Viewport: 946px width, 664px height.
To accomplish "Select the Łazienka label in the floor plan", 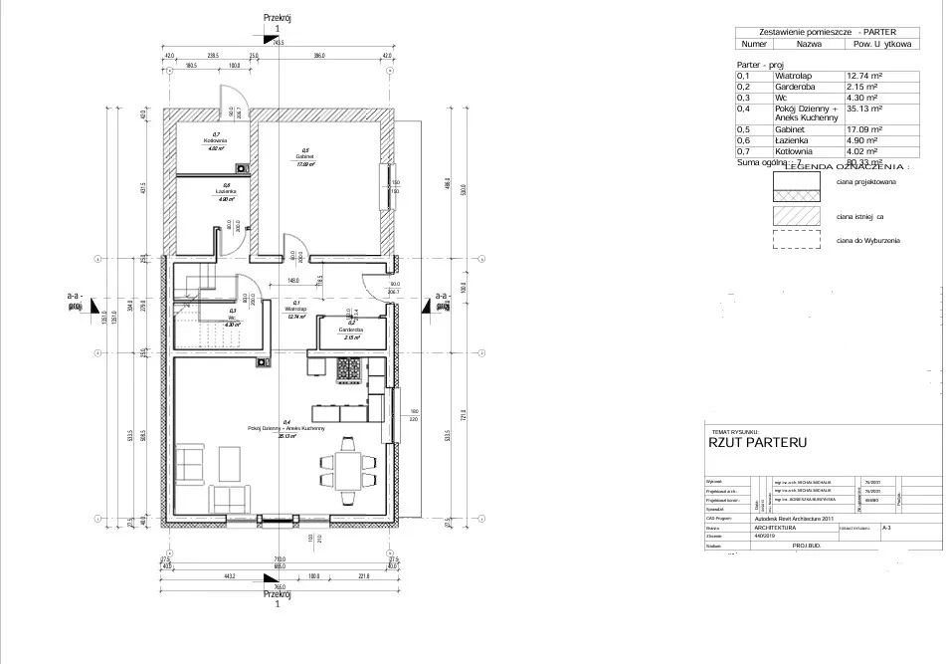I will [x=226, y=190].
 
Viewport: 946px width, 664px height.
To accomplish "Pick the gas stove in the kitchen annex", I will [x=349, y=370].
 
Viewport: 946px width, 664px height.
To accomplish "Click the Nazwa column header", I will [x=809, y=45].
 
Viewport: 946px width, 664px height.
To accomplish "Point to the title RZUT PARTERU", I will [x=757, y=441].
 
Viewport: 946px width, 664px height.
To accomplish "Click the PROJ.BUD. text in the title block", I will [x=807, y=546].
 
